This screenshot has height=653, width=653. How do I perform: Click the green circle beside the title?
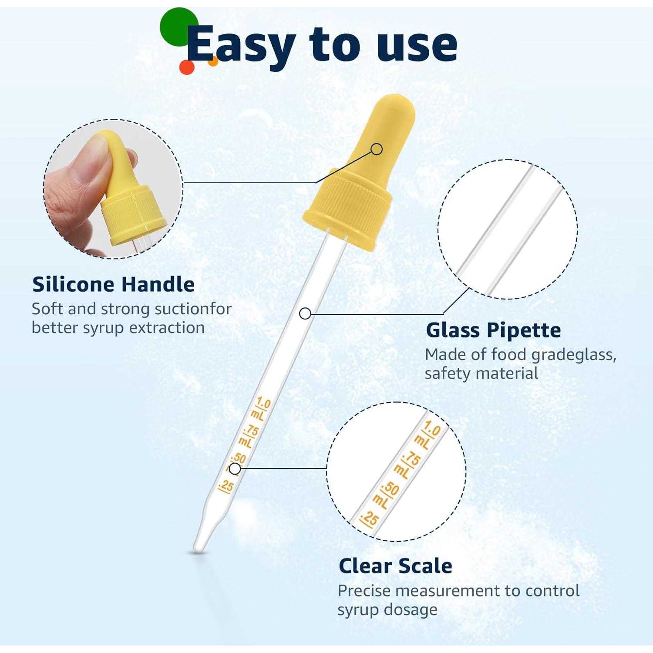(x=178, y=26)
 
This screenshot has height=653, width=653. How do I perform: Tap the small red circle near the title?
(x=187, y=67)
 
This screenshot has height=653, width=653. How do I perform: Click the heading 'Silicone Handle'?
(x=113, y=284)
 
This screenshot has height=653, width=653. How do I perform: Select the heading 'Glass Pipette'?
(x=493, y=330)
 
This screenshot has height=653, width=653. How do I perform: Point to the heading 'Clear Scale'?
(x=395, y=566)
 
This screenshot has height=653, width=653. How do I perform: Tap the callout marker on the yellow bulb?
(x=377, y=149)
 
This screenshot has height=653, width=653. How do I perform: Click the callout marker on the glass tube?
(x=305, y=313)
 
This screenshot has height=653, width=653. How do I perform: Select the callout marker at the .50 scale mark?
(x=235, y=469)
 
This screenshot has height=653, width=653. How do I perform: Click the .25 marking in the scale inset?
(x=370, y=518)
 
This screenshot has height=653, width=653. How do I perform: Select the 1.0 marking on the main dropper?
(x=263, y=403)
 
